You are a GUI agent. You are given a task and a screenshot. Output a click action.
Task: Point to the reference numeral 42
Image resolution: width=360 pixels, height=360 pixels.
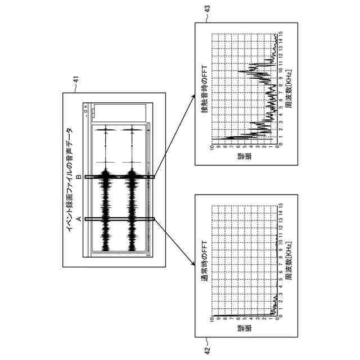[x=207, y=349]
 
